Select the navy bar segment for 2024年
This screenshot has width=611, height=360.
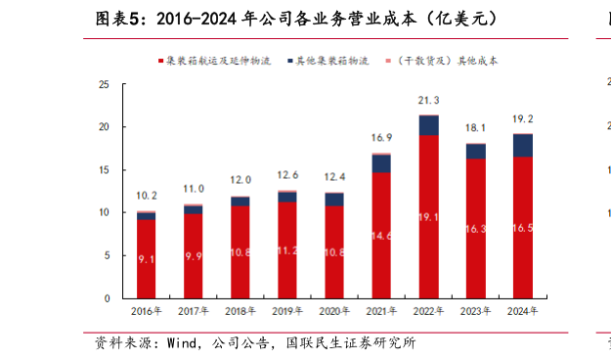(523, 145)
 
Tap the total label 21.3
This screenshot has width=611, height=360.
(428, 101)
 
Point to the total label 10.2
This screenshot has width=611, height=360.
(146, 196)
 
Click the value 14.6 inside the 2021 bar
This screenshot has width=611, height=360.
(381, 236)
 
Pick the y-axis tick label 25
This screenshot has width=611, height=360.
(104, 85)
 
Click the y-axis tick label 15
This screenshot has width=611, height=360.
(104, 170)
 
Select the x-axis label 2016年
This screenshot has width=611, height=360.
(146, 311)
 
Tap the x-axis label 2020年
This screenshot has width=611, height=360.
(334, 311)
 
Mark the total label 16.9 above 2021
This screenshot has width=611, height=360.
(381, 138)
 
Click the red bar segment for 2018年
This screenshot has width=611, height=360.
(240, 252)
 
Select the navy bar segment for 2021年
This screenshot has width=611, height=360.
(381, 163)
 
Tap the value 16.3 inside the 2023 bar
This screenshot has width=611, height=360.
(476, 228)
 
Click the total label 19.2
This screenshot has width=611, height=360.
(523, 118)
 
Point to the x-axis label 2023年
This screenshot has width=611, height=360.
(476, 311)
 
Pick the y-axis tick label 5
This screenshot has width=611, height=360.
(107, 255)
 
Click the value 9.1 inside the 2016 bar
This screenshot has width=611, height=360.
(146, 259)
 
